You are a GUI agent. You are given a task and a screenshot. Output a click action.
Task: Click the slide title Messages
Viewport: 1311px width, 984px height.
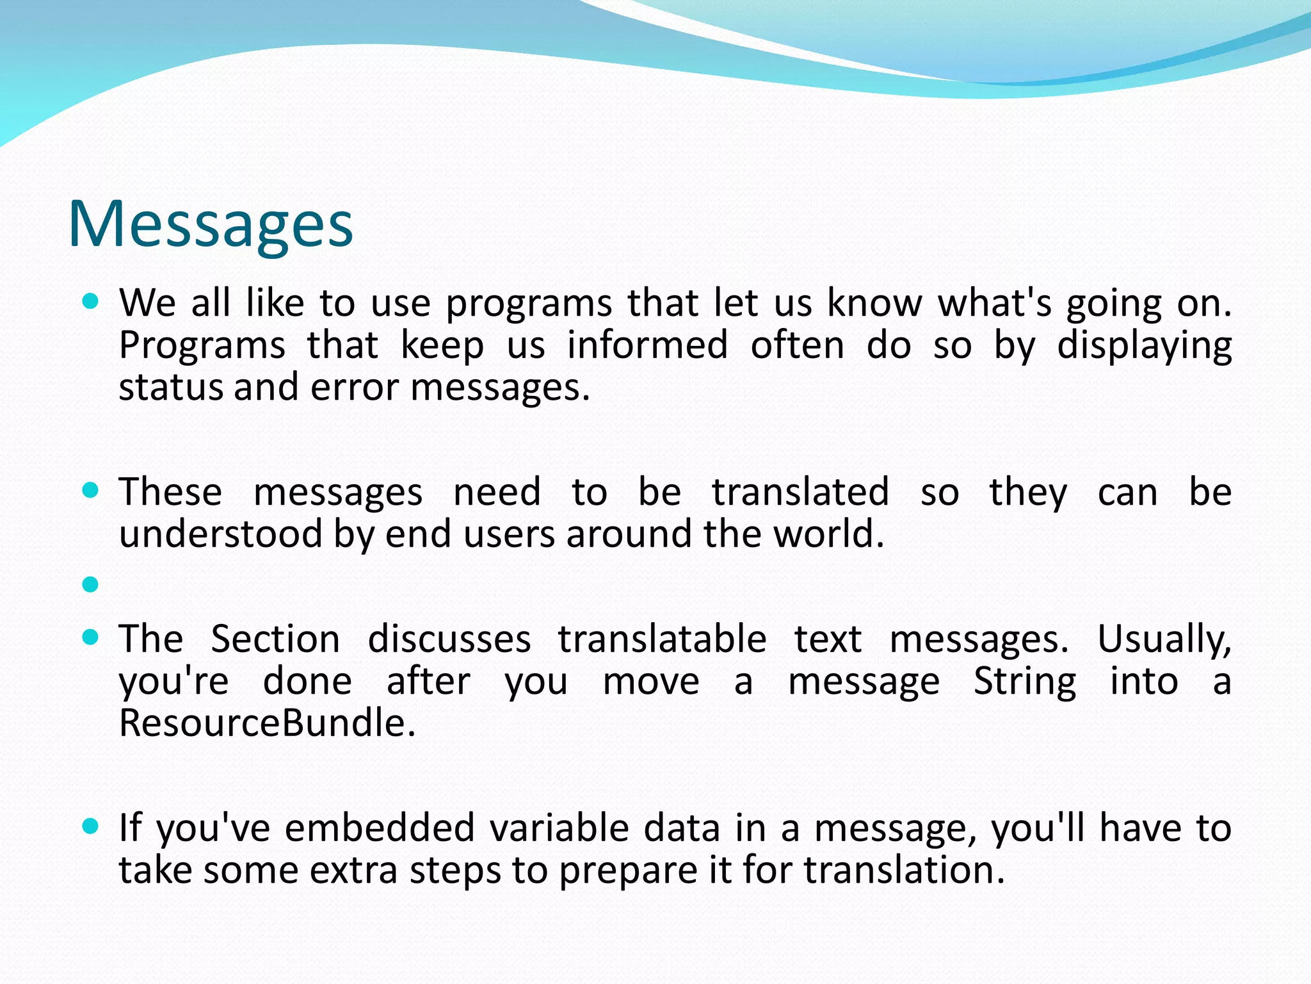pos(211,224)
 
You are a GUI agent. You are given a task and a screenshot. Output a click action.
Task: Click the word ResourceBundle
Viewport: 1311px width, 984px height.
pos(268,723)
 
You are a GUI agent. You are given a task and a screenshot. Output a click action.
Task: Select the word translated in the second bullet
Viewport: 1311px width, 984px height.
pos(800,492)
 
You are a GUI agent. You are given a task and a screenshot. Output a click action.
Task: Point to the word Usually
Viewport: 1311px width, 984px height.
pos(1164,639)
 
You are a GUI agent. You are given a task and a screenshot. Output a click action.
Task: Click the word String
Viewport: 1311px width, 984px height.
pos(1024,681)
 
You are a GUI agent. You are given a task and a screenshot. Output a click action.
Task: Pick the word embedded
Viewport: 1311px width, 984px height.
pos(379,828)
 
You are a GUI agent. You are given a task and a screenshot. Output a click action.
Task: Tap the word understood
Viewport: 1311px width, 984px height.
pos(220,534)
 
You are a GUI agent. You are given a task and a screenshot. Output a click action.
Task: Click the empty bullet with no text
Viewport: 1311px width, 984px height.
pos(91,584)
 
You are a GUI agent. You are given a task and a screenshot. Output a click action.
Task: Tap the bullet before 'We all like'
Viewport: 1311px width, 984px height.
pos(91,301)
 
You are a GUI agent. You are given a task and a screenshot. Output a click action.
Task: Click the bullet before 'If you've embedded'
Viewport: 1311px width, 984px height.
pos(91,826)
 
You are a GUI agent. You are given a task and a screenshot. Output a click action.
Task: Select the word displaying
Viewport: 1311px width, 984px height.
pos(1144,347)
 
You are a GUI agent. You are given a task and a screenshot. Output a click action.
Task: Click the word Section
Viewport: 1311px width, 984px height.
pos(275,639)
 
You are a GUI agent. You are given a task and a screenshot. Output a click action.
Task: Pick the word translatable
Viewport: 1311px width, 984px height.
pos(662,639)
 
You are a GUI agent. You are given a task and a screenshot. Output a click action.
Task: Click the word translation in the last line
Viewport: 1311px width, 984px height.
pos(904,871)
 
